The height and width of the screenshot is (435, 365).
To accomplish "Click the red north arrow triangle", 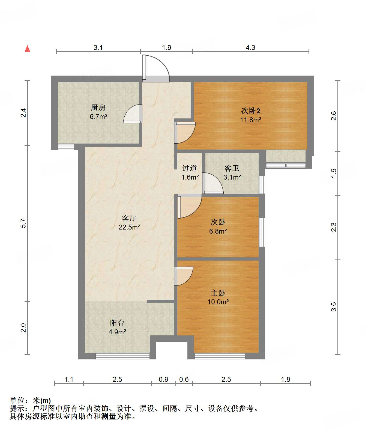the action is point(28,49).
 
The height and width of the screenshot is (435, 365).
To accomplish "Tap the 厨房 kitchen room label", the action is point(98,108).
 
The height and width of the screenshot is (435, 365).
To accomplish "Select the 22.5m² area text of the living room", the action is point(129,227).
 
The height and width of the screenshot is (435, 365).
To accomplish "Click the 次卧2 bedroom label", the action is point(251,111).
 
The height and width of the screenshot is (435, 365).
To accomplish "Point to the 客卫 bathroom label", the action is point(232,168).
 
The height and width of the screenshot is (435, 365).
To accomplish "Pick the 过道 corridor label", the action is point(190,168).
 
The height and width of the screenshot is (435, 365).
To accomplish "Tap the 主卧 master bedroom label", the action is point(218,293).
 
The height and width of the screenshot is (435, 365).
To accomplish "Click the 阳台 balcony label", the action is point(117,323).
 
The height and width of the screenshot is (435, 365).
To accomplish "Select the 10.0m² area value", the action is point(218,302).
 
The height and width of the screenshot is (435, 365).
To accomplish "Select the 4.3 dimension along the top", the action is point(250,47).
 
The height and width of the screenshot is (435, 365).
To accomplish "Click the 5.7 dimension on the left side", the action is point(23,223).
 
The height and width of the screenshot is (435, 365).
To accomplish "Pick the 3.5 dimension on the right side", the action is point(334,307).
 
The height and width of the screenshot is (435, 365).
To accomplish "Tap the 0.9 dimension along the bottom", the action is point(163,379).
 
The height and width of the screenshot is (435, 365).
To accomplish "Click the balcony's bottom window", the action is point(123,356).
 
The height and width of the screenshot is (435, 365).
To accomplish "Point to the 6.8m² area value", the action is point(218,231).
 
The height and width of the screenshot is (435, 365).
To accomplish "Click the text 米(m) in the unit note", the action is point(42,400).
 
